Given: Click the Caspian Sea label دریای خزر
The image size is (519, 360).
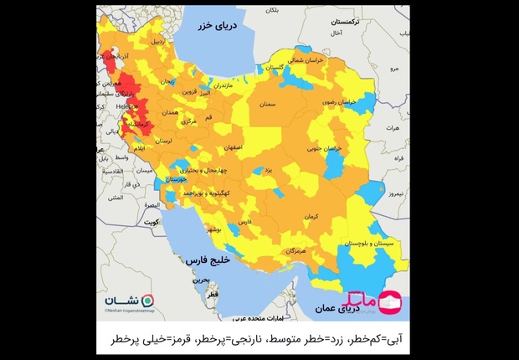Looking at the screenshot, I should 220,27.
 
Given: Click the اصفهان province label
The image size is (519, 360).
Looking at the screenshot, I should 233,147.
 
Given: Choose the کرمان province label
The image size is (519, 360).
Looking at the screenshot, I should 311,216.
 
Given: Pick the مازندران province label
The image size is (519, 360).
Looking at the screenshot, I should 229,85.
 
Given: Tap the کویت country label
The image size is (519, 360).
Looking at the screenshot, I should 151,224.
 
